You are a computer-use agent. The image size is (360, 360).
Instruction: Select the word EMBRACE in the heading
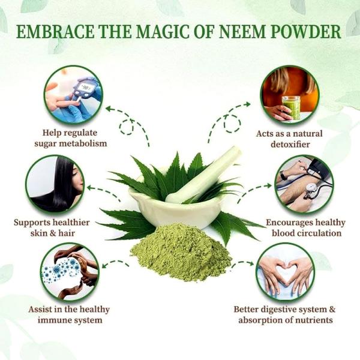pyautogui.click(x=51, y=32)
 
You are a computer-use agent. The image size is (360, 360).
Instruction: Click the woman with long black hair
pyautogui.click(x=57, y=183)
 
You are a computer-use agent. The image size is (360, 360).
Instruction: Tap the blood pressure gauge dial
pyautogui.click(x=311, y=190)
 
